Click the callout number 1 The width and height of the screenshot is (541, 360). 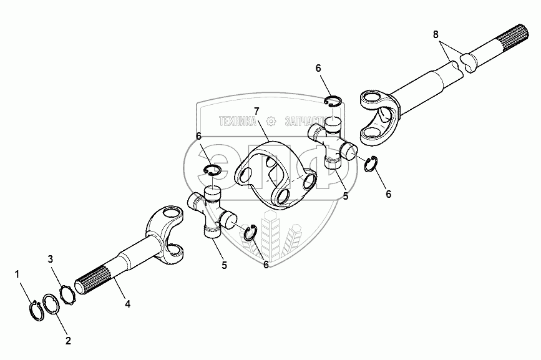pos(17,273)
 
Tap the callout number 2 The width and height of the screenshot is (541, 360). pos(68,341)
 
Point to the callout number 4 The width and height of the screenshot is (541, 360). pos(127,304)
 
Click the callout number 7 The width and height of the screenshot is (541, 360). pos(256,111)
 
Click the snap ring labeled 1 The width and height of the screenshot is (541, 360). pos(35,309)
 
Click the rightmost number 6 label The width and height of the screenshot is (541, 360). pos(388,194)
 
